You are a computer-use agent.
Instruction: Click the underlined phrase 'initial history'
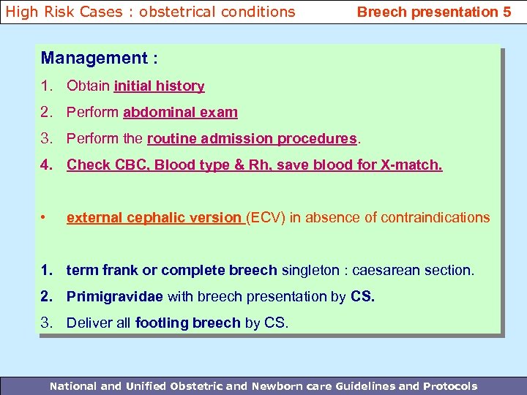pos(159,86)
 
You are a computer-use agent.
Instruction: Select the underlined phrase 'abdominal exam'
pos(180,113)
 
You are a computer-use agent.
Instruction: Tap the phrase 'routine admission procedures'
pos(252,139)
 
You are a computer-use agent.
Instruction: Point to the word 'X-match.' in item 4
pos(411,165)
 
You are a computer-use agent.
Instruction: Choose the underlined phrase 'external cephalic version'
pos(155,218)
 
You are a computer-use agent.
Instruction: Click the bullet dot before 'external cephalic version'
pos(45,218)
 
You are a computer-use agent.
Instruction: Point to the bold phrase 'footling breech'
pos(187,323)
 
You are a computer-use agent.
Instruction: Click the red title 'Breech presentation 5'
pos(433,12)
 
